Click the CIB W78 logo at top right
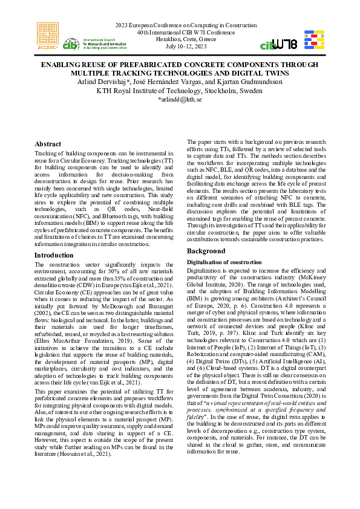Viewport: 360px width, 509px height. tap(278, 44)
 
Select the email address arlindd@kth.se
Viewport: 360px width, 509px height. tap(180, 100)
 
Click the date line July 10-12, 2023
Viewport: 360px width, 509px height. tap(180, 46)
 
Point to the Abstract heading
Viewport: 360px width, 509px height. tap(48, 144)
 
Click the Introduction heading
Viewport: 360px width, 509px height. tap(54, 256)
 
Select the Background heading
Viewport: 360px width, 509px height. tap(206, 250)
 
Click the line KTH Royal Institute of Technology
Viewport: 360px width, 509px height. tap(180, 91)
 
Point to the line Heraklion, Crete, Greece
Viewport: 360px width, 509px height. tap(180, 39)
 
